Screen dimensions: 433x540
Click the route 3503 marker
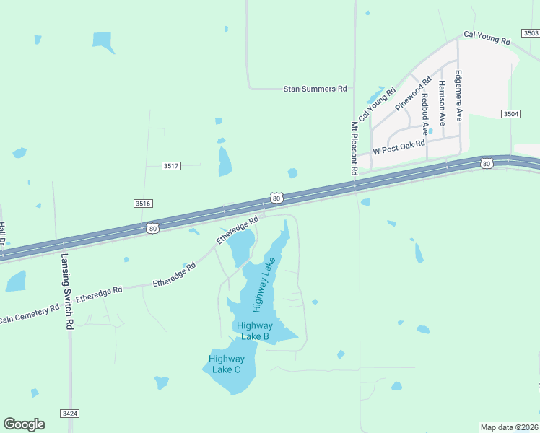point(531,33)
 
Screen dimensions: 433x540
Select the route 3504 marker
point(510,114)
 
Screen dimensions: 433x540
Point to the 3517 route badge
point(171,166)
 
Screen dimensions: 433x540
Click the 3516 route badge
point(143,204)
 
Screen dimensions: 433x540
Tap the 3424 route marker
point(69,413)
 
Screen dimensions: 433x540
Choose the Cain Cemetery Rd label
point(29,312)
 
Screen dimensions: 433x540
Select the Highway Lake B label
point(253,331)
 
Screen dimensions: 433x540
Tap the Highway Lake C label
point(227,364)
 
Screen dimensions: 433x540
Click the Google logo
point(24,424)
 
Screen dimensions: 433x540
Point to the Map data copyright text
point(509,427)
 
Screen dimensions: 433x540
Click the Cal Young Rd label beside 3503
point(487,38)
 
